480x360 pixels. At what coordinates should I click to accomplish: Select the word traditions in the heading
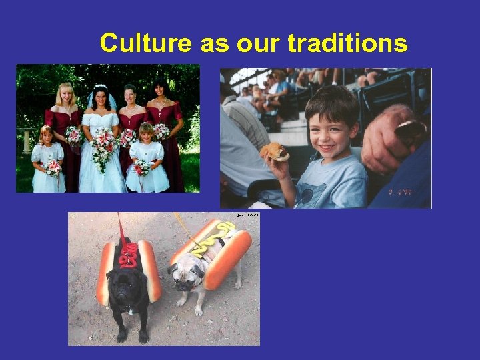(x=347, y=43)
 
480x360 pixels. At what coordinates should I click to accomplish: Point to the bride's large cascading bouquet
(x=103, y=147)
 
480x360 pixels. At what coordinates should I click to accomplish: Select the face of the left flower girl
(x=47, y=136)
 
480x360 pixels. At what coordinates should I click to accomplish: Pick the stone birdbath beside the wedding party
(x=26, y=140)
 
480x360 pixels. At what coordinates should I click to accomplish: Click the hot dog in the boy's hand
(x=275, y=153)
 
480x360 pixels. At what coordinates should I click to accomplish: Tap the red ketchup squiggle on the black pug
(x=129, y=253)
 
